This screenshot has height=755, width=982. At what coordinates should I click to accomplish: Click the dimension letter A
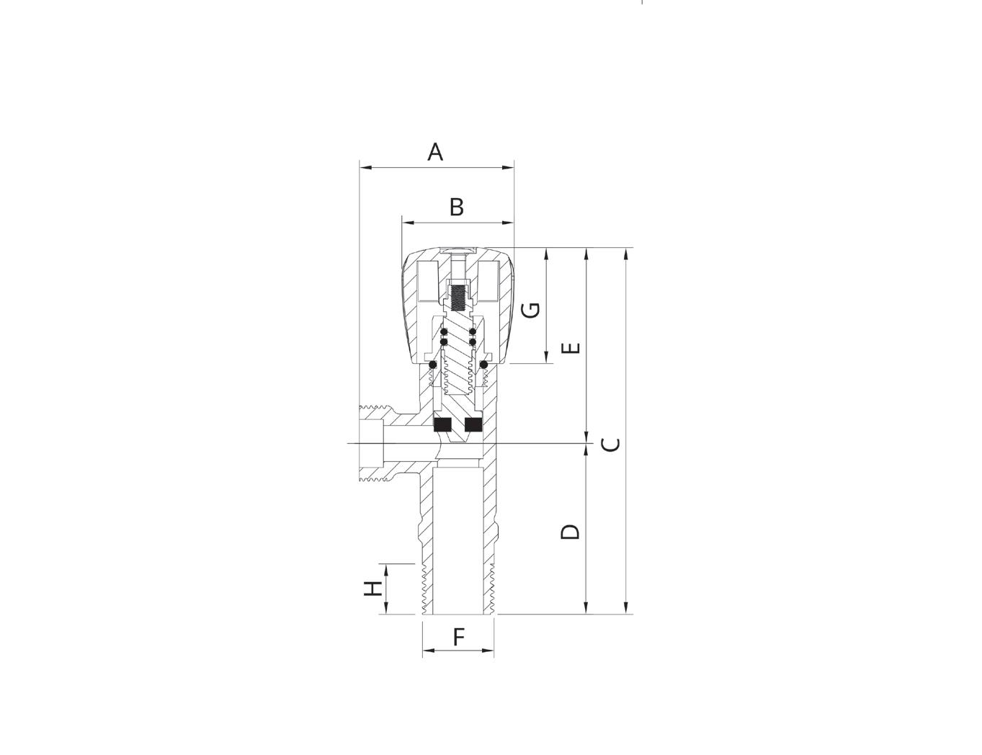434,152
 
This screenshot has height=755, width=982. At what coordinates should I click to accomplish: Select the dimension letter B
457,207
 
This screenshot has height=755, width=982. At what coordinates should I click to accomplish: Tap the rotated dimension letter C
610,444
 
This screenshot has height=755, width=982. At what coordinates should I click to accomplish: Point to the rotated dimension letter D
570,532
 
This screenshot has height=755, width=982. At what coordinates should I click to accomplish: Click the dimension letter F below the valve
459,637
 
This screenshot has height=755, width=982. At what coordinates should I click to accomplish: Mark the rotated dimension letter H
373,589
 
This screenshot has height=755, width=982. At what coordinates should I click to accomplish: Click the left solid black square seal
443,425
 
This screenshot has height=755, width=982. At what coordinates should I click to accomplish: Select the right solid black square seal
473,425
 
